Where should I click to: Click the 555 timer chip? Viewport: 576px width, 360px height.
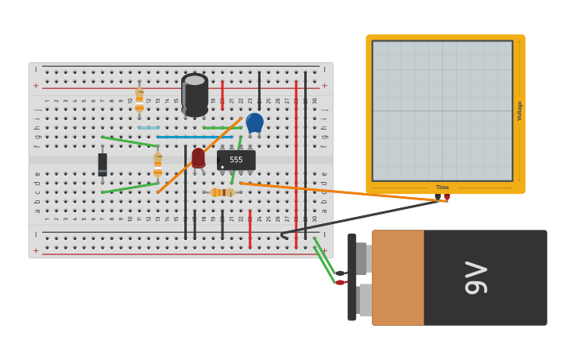tap(236, 160)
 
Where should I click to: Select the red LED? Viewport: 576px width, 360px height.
tap(198, 157)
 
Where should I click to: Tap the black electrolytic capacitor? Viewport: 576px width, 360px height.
tap(195, 95)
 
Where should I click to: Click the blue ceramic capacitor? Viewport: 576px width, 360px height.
tap(254, 122)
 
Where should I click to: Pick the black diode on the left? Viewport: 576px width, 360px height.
tap(102, 165)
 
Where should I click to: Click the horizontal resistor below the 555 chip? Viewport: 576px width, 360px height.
tap(222, 192)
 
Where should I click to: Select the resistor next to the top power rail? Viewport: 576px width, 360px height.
tap(139, 100)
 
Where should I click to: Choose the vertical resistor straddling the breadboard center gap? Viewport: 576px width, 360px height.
tap(157, 165)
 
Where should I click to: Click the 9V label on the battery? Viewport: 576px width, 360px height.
tap(475, 277)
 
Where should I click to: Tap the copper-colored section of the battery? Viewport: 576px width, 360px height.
tap(397, 277)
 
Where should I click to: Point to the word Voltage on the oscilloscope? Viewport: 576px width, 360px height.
tap(520, 110)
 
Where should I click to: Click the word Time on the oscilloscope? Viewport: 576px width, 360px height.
tap(442, 188)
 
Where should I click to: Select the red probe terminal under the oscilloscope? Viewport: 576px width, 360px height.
tap(447, 197)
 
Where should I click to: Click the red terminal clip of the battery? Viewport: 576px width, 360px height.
tap(340, 282)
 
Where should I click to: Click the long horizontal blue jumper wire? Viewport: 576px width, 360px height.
tap(195, 137)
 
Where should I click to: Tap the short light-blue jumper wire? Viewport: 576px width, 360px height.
tap(149, 127)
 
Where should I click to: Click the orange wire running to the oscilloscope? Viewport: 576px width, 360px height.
tap(342, 192)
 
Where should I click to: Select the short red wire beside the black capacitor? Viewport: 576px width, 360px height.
tap(222, 94)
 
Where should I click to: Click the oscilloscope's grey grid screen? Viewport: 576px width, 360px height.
tap(442, 110)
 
